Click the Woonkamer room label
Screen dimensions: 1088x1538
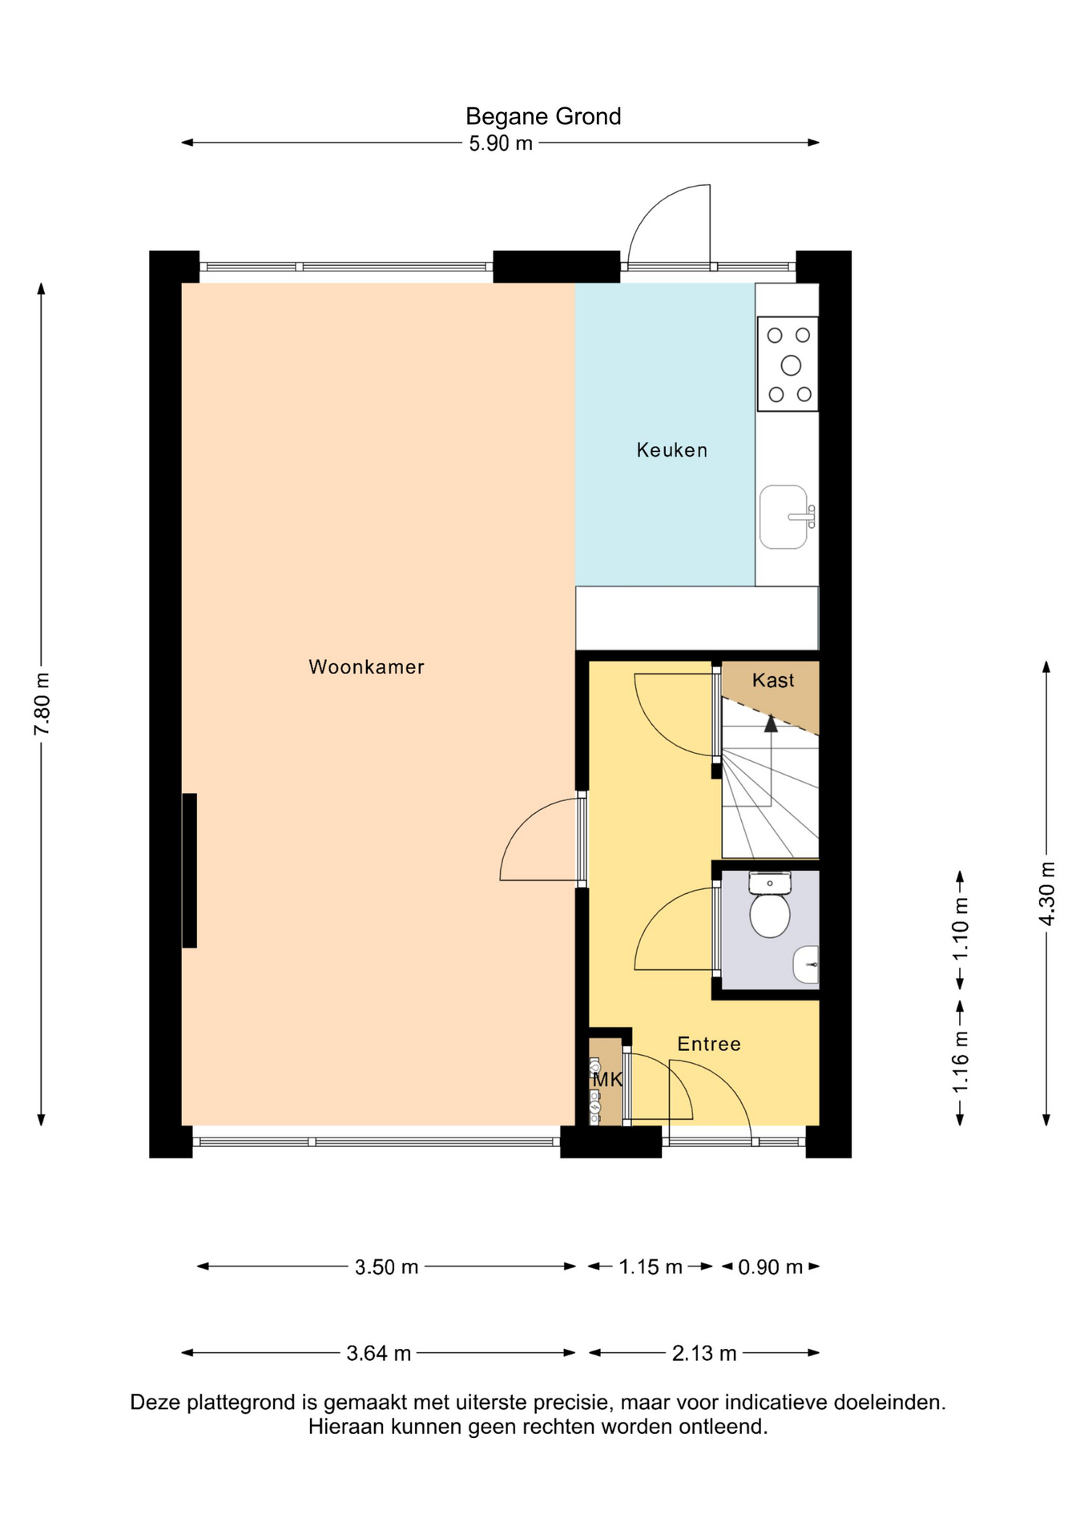tap(366, 666)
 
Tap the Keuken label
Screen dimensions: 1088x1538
tap(672, 450)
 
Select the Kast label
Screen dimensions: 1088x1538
tap(773, 680)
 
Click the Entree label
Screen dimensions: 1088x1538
tap(709, 1044)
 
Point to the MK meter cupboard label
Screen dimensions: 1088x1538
tap(607, 1079)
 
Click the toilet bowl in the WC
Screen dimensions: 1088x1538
tap(770, 915)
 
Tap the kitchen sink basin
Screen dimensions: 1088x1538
tap(784, 517)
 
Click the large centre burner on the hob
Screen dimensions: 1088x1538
tap(791, 365)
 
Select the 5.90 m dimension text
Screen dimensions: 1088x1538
tap(501, 144)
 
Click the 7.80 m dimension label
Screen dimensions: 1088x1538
tap(42, 703)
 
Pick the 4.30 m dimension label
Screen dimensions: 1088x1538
tap(1046, 893)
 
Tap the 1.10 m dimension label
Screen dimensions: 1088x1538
tap(961, 929)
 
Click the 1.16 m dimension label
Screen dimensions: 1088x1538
tap(961, 1061)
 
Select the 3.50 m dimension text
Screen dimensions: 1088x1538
tap(386, 1266)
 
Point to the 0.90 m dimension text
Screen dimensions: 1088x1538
tap(770, 1266)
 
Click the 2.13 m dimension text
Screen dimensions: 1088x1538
tap(704, 1353)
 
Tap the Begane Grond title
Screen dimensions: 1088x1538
tap(543, 117)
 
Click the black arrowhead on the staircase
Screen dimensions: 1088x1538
tap(771, 723)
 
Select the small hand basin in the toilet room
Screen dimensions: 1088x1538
tap(806, 964)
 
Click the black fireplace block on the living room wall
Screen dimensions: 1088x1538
tap(190, 870)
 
